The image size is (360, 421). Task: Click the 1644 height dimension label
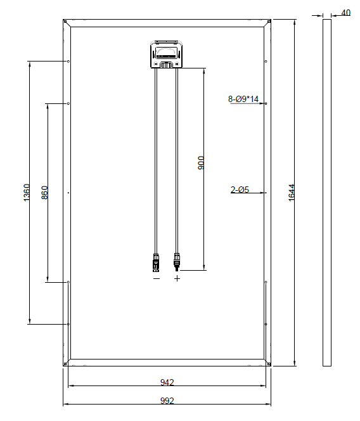click(x=292, y=193)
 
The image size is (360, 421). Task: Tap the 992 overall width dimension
click(x=167, y=401)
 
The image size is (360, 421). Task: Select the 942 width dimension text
click(x=167, y=382)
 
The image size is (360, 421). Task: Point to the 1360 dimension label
click(x=27, y=193)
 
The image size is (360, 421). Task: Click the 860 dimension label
click(x=44, y=193)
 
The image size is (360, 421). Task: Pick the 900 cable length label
click(x=201, y=163)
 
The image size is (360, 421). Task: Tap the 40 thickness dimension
click(x=346, y=13)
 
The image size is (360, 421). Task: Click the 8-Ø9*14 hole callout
click(x=243, y=99)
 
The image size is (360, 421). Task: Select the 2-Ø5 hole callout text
click(x=240, y=190)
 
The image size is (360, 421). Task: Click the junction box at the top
click(x=167, y=54)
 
